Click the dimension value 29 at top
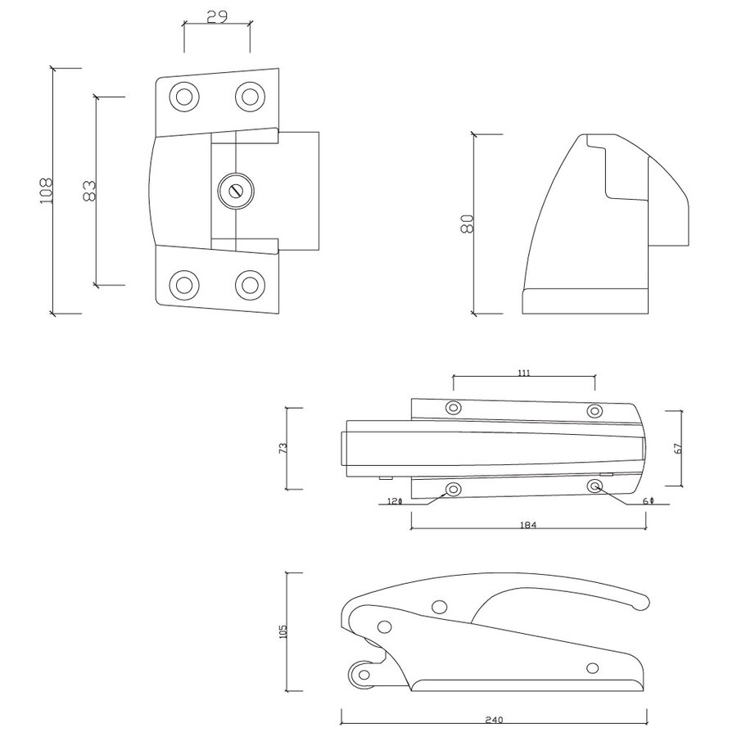point(216,16)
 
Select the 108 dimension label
point(46,191)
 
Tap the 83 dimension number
point(90,191)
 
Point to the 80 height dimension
point(467,224)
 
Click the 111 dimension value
point(524,373)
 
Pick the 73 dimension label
point(283,448)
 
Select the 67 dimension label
point(678,448)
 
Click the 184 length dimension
point(527,525)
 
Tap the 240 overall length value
point(493,721)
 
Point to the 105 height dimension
point(283,631)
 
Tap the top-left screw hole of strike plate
point(184,97)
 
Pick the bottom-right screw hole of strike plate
point(249,285)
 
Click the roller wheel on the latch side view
point(360,676)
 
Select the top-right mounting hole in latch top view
point(595,409)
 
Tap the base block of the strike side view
point(586,301)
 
